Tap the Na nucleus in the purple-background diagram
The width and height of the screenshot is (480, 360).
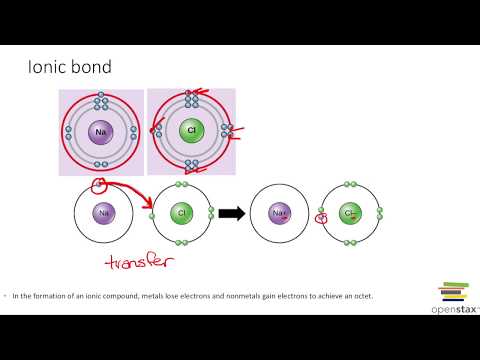(101, 132)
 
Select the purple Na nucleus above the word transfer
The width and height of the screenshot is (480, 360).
(102, 213)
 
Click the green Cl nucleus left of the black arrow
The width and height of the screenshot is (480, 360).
(182, 213)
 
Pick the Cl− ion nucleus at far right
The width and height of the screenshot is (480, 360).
(350, 213)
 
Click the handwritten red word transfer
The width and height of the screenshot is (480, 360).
(139, 262)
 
